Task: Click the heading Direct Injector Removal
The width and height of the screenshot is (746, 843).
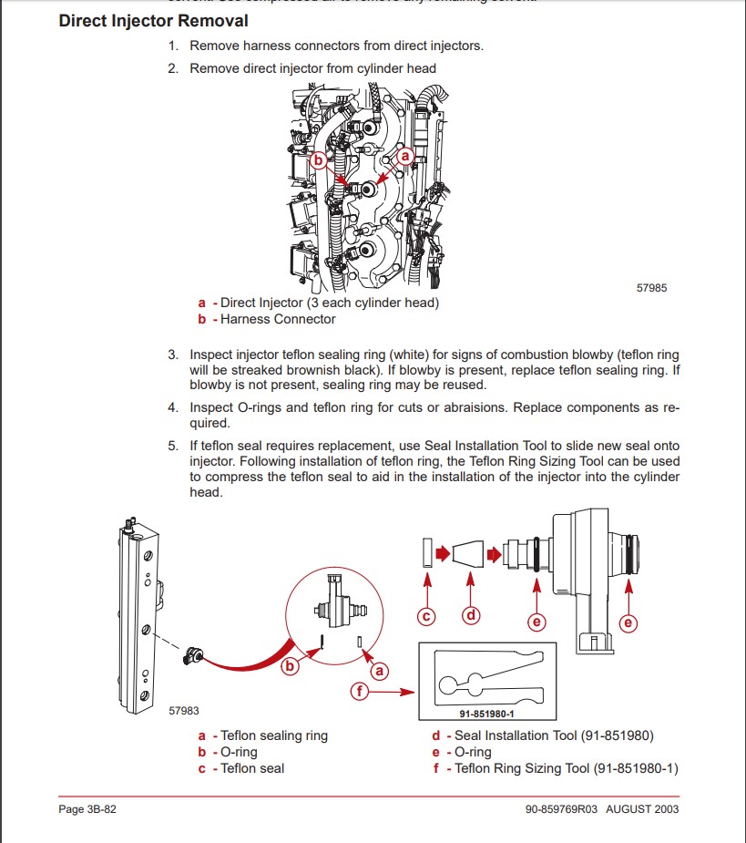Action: click(x=153, y=20)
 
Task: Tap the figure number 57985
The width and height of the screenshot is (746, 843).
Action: click(x=651, y=288)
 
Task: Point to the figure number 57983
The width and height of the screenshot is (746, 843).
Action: click(x=184, y=711)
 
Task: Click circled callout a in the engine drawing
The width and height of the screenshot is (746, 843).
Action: click(x=406, y=157)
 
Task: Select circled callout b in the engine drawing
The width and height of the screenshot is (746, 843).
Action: click(x=318, y=160)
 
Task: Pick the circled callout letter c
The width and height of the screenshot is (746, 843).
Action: click(x=425, y=617)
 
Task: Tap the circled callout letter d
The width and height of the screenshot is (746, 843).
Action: click(x=471, y=615)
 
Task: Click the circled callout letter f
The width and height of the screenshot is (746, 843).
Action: click(x=362, y=692)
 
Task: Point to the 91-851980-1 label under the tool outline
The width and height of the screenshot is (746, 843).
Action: click(x=485, y=714)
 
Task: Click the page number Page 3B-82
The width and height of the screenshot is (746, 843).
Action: click(x=87, y=809)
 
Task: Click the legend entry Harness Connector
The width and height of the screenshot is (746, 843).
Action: click(x=278, y=319)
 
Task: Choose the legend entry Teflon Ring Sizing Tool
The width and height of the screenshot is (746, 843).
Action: click(x=567, y=768)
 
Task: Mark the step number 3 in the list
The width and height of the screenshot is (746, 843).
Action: click(x=173, y=355)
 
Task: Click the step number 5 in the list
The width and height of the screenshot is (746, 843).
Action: click(x=173, y=446)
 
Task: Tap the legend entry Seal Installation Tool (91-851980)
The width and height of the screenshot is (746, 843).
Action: click(x=554, y=735)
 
